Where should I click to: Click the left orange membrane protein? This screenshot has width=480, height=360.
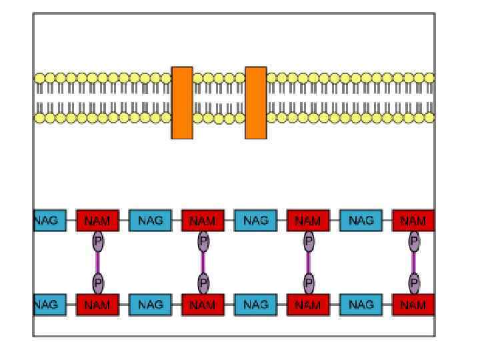[x=182, y=103]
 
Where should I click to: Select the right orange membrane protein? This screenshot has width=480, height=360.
[x=256, y=103]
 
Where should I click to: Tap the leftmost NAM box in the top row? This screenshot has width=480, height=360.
[x=97, y=221]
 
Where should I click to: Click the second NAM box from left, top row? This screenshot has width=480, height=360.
[x=203, y=221]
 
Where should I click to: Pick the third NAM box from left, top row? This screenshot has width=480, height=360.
[x=308, y=221]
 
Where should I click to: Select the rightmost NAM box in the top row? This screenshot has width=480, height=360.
[x=413, y=221]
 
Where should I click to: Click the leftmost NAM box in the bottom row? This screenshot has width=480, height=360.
[x=97, y=305]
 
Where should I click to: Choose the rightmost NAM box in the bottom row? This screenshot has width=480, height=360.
[x=413, y=305]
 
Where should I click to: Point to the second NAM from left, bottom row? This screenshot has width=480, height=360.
[x=203, y=305]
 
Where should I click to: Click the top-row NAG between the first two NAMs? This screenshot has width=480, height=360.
[x=150, y=221]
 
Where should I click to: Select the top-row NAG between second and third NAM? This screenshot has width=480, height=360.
[x=255, y=221]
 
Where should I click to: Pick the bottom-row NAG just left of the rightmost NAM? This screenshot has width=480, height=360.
[x=361, y=305]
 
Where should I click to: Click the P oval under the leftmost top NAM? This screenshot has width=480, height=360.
[x=98, y=241]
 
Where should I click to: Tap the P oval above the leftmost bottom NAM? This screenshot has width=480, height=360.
[x=98, y=284]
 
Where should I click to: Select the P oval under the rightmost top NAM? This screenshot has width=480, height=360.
[x=414, y=241]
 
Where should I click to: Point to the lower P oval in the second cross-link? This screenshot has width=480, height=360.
[x=203, y=284]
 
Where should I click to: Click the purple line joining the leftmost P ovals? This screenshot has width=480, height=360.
[x=98, y=263]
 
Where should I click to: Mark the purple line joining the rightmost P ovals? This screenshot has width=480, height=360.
[x=414, y=263]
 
